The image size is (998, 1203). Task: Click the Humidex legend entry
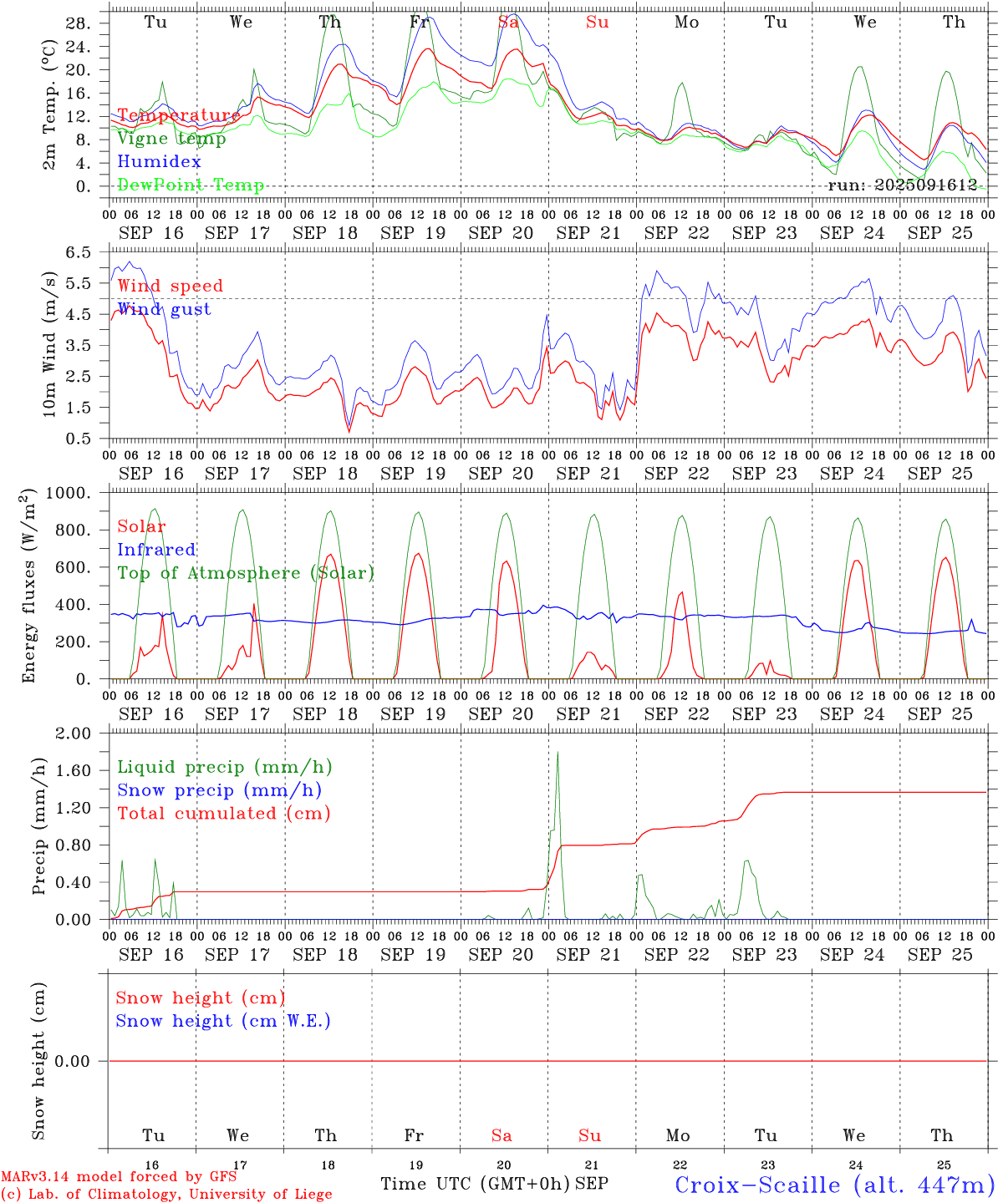point(159,162)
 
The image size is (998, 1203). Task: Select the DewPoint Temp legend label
point(191,185)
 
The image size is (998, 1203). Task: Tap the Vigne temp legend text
point(171,139)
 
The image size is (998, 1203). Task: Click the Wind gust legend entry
point(164,309)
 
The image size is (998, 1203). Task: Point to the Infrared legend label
point(156,550)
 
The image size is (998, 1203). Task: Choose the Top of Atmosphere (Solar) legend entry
point(245,573)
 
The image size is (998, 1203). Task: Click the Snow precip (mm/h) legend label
point(219,790)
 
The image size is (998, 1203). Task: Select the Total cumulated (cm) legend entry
point(223,813)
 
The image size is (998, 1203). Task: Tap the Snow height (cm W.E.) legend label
point(222,1021)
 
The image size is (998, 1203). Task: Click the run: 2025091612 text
point(902,185)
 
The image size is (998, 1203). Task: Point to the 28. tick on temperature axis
point(78,23)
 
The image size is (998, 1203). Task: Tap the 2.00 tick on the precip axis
point(74,733)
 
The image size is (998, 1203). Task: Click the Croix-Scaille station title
point(834,1184)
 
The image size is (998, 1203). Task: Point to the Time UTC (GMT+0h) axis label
point(475,1184)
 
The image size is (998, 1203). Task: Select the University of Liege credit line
point(166,1195)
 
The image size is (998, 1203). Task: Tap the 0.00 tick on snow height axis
point(73,1061)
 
